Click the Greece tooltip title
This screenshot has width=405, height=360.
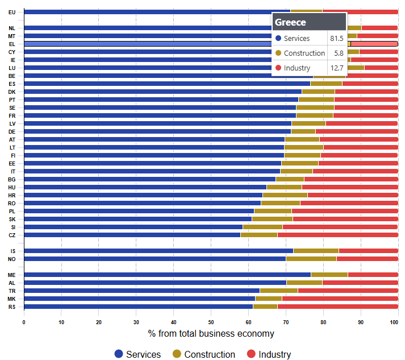(290, 22)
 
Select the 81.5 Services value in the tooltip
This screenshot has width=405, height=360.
(336, 38)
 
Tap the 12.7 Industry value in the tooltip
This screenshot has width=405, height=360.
(337, 68)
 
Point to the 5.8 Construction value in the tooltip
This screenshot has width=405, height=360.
(339, 53)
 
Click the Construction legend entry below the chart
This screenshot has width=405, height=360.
(204, 354)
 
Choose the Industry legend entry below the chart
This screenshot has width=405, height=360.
(269, 354)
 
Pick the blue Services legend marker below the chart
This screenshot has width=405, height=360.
(119, 354)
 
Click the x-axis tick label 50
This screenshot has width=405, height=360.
(211, 322)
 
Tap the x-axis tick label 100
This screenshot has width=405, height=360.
(394, 322)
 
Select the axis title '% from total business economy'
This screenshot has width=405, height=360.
(211, 334)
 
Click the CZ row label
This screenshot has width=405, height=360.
(12, 235)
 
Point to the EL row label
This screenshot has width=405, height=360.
(12, 44)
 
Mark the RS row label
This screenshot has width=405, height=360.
(12, 307)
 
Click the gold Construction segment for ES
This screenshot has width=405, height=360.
(326, 84)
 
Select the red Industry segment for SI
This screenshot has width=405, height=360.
(340, 227)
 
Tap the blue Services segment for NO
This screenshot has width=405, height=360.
(155, 259)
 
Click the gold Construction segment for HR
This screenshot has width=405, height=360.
(285, 195)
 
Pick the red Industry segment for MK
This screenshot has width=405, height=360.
(340, 299)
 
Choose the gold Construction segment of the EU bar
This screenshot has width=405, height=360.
(307, 12)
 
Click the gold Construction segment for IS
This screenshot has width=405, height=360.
(316, 251)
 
